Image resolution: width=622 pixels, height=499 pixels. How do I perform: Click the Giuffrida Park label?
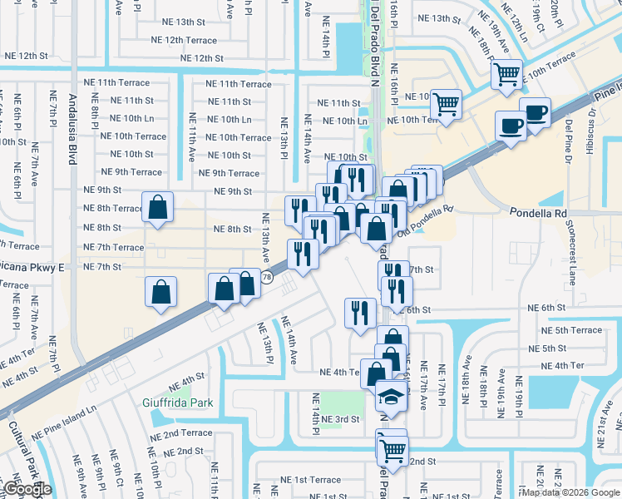tap(176, 403)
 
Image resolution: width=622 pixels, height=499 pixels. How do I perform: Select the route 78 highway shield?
tap(266, 277)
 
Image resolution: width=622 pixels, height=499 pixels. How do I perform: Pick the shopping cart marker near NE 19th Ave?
tap(506, 76)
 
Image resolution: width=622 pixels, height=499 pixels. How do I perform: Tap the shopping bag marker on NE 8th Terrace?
tap(157, 208)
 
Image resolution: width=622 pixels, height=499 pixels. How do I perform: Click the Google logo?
tap(27, 489)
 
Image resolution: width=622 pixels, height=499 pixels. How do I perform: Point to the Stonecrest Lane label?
tap(572, 248)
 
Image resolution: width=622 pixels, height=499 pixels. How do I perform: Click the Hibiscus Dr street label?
tap(592, 121)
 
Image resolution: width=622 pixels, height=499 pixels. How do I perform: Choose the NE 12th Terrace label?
tap(184, 40)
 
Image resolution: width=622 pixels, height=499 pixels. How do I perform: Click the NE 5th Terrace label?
tap(571, 330)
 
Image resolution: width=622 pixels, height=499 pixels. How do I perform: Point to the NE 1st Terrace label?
tap(310, 480)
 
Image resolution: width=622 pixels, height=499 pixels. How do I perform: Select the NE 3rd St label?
tap(339, 418)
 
